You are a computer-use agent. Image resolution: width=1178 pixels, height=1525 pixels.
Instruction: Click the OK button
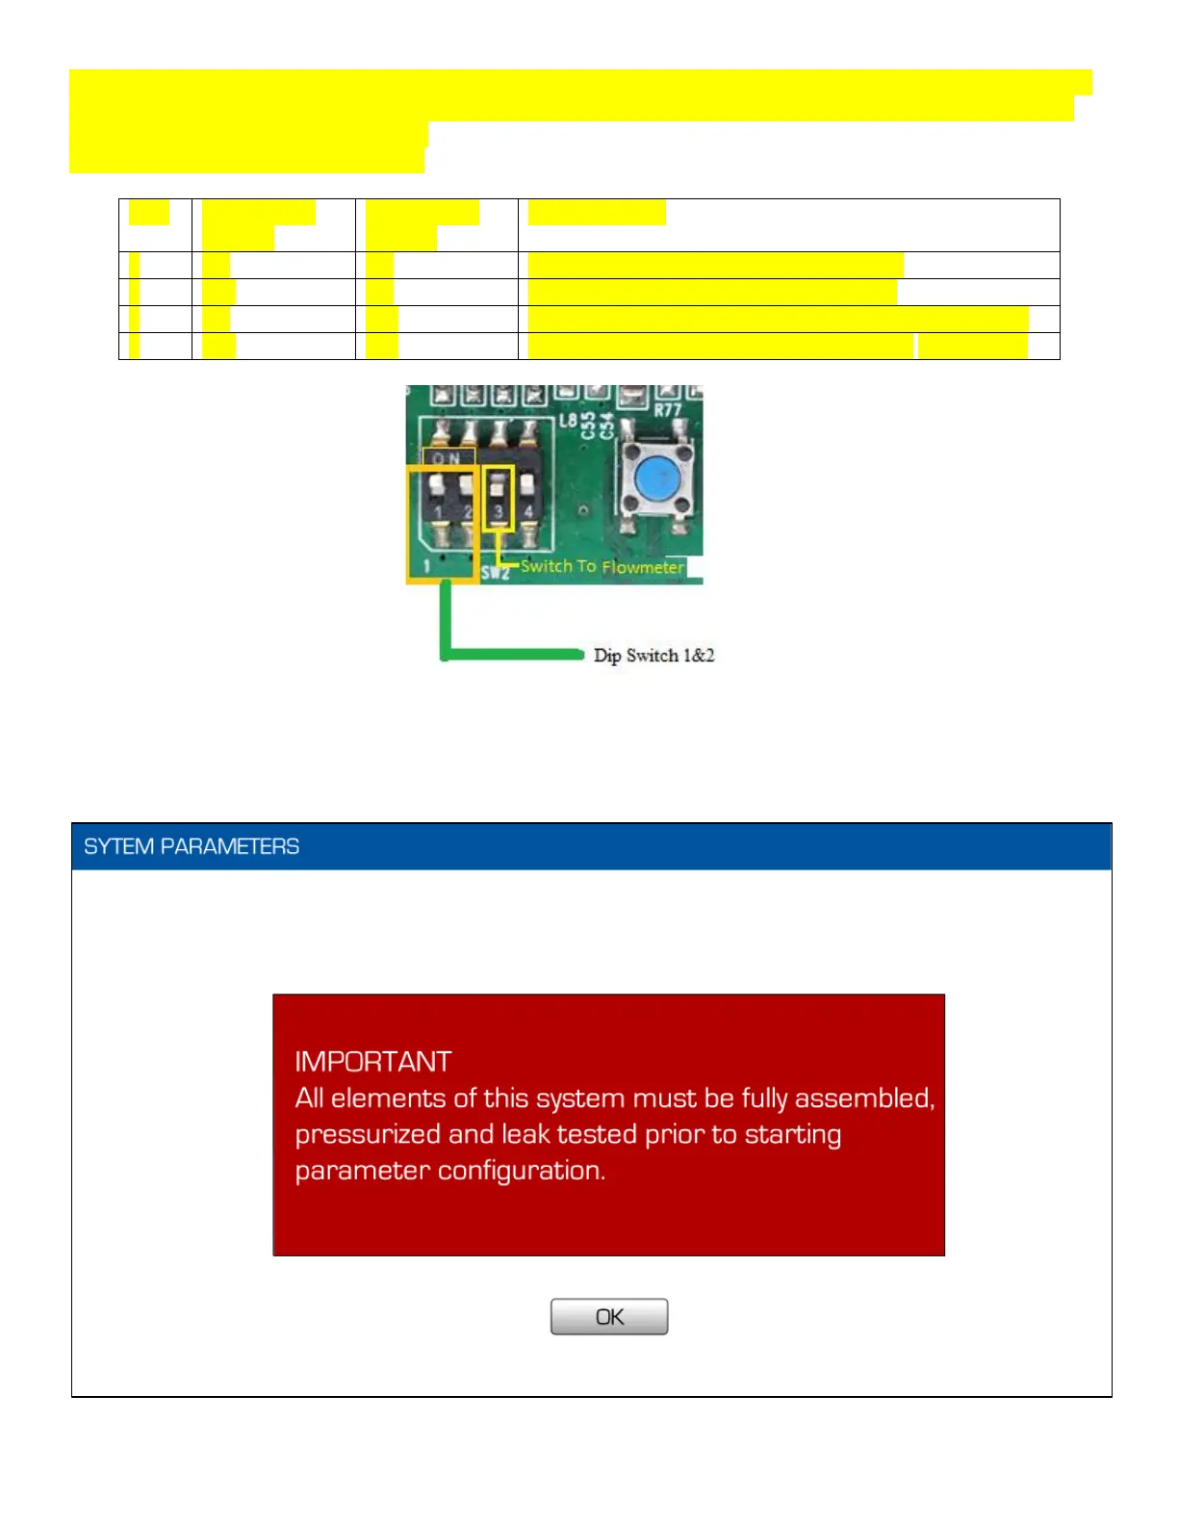coord(608,1316)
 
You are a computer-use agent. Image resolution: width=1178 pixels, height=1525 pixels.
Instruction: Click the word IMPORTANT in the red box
coord(372,1061)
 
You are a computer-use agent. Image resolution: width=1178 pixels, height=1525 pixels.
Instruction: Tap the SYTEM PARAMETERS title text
coord(192,846)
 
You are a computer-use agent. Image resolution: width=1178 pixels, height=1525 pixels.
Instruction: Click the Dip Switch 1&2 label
coord(653,656)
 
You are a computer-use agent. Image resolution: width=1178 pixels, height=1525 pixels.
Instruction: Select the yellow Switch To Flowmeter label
coord(602,566)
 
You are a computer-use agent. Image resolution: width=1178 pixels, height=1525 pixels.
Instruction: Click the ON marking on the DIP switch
coord(447,458)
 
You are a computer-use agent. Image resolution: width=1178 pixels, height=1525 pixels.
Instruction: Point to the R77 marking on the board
coord(668,410)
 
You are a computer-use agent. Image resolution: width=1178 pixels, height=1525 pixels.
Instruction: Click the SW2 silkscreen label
coord(495,573)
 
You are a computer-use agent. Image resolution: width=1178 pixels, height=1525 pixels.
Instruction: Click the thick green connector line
coord(510,655)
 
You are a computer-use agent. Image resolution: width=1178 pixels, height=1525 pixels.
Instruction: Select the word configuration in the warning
coord(521,1171)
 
